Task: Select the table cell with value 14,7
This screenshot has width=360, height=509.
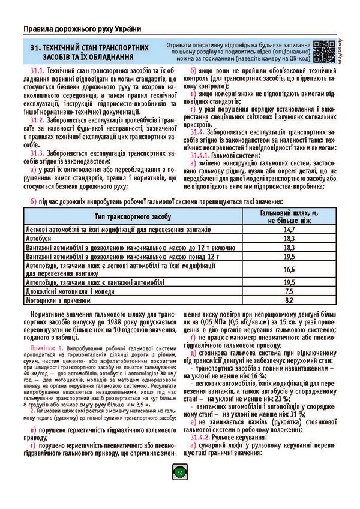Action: [x=289, y=230]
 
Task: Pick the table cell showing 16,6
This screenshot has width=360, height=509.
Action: [x=289, y=269]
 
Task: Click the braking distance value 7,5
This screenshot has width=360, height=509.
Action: [x=289, y=291]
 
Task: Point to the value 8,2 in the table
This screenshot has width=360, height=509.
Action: [x=289, y=299]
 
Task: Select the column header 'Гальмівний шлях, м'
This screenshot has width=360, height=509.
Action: [x=289, y=213]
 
